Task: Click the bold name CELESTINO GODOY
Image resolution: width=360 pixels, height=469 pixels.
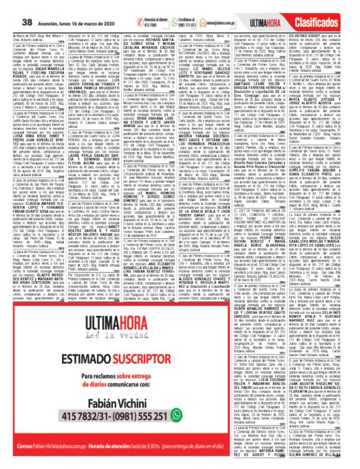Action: [317, 21]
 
